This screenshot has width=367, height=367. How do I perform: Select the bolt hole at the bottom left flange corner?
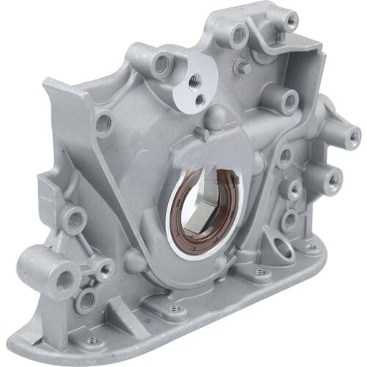(92, 340)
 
